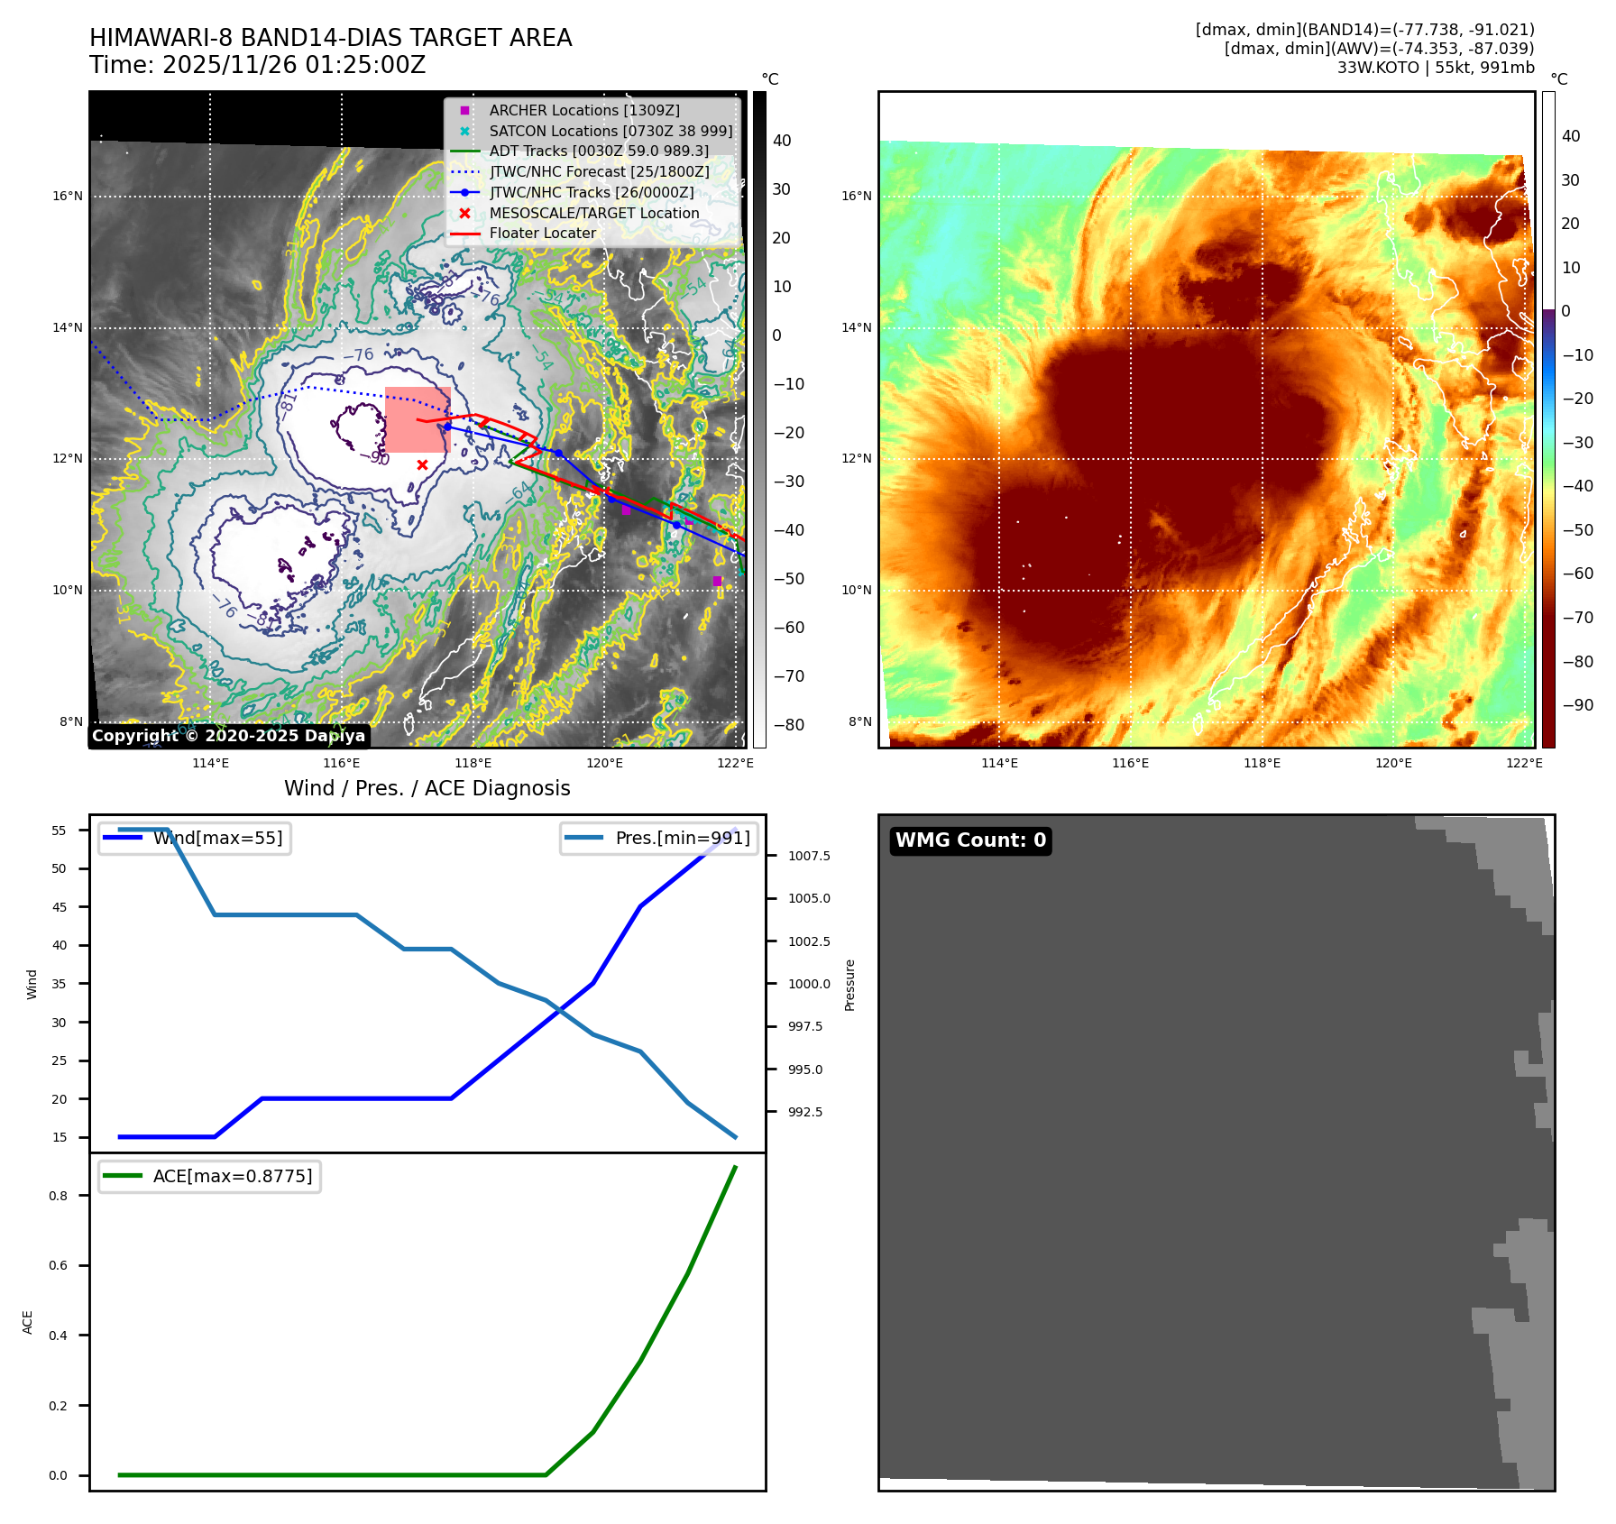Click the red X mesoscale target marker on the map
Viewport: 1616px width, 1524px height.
(422, 464)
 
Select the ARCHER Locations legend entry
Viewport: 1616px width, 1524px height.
(583, 110)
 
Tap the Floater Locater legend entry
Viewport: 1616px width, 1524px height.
(542, 233)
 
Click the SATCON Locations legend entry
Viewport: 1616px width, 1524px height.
(610, 131)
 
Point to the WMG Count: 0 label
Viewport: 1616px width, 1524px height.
(970, 840)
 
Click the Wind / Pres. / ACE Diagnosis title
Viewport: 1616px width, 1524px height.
(427, 788)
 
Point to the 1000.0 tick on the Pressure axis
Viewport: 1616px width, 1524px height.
(809, 984)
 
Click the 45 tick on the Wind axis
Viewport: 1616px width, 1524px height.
(60, 907)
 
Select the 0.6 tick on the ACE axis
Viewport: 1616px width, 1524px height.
(59, 1265)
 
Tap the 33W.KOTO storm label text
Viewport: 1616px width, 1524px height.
(1378, 68)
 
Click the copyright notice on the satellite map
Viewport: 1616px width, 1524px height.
(228, 736)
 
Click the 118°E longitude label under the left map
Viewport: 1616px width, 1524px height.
(473, 763)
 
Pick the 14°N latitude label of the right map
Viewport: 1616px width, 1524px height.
(857, 327)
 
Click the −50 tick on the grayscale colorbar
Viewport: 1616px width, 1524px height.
(789, 579)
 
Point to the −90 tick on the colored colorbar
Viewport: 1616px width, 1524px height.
(1577, 705)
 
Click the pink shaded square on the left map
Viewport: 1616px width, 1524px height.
(418, 420)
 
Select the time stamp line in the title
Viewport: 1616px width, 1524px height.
(257, 65)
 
